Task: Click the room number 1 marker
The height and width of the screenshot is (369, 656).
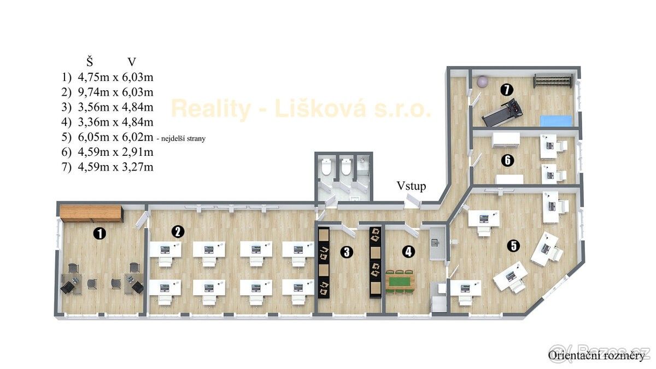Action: (99, 234)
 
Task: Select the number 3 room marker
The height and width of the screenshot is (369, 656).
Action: (347, 252)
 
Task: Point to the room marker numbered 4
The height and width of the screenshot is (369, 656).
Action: (408, 251)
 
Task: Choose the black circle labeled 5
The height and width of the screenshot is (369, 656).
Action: (514, 245)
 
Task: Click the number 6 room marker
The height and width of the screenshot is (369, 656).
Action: (507, 160)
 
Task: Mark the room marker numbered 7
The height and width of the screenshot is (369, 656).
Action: (507, 90)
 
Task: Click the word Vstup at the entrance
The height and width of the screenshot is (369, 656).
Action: (411, 186)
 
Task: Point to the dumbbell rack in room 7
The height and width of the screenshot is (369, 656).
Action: (553, 80)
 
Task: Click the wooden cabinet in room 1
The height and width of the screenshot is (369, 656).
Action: (91, 213)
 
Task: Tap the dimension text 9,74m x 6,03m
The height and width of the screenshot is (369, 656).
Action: (115, 92)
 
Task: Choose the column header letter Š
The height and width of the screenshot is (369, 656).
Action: (90, 61)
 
